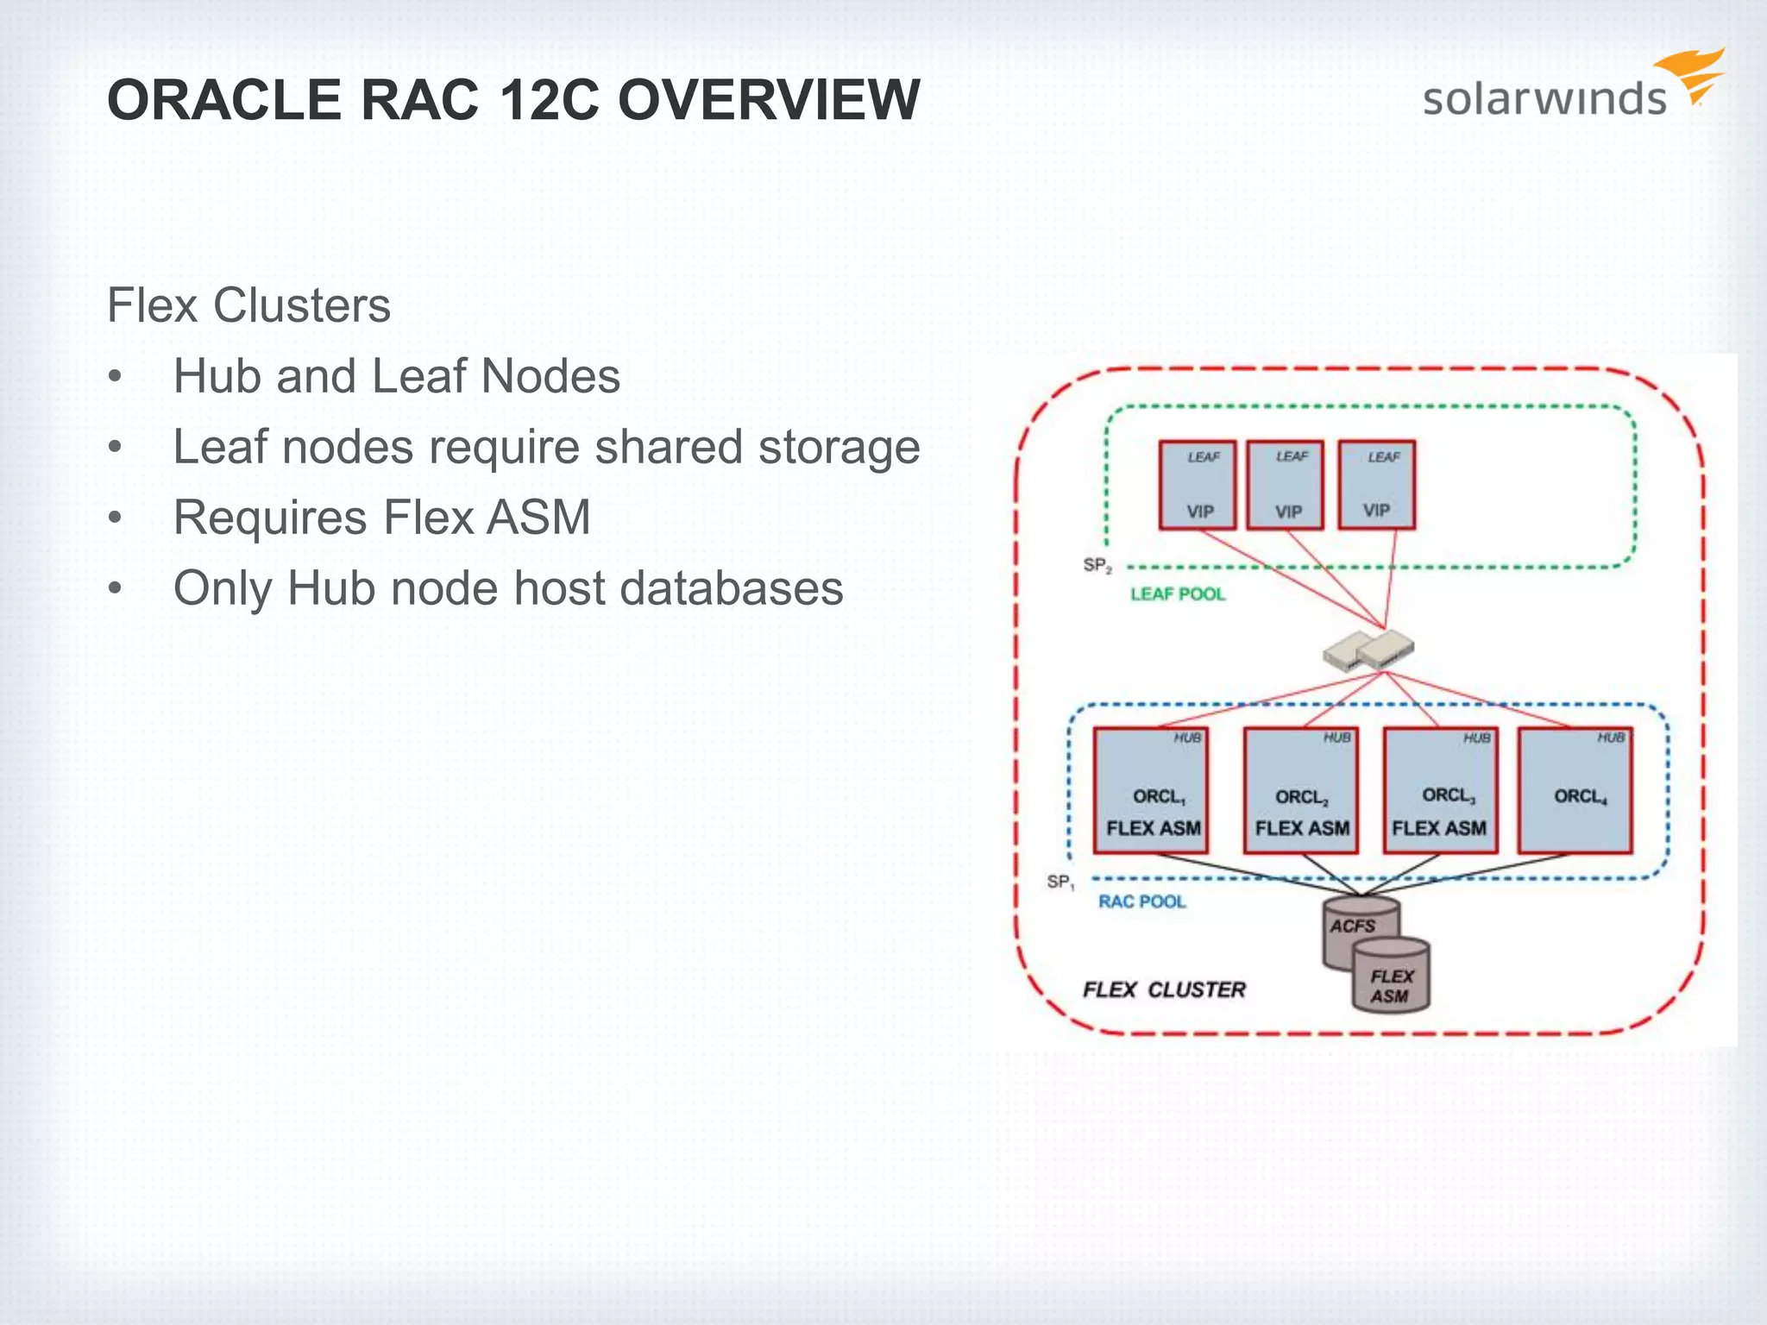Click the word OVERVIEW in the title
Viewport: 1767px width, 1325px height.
(x=769, y=100)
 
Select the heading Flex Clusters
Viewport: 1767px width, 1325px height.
(x=248, y=305)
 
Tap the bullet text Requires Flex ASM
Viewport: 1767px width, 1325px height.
(x=381, y=518)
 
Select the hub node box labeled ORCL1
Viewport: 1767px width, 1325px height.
(x=1150, y=791)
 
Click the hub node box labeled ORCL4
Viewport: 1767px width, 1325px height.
(x=1575, y=791)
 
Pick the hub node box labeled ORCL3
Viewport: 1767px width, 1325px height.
(x=1439, y=791)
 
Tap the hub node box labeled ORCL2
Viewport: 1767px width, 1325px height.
(x=1300, y=791)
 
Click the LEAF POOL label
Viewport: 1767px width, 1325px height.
(x=1177, y=594)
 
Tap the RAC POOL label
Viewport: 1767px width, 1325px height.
(x=1141, y=901)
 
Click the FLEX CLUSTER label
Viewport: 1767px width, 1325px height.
(x=1164, y=989)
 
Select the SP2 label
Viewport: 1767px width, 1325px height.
(x=1097, y=566)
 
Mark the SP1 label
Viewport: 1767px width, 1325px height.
(x=1060, y=882)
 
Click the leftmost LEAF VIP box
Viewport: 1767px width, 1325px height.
(x=1197, y=485)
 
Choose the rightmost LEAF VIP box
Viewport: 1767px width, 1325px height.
(x=1376, y=485)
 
